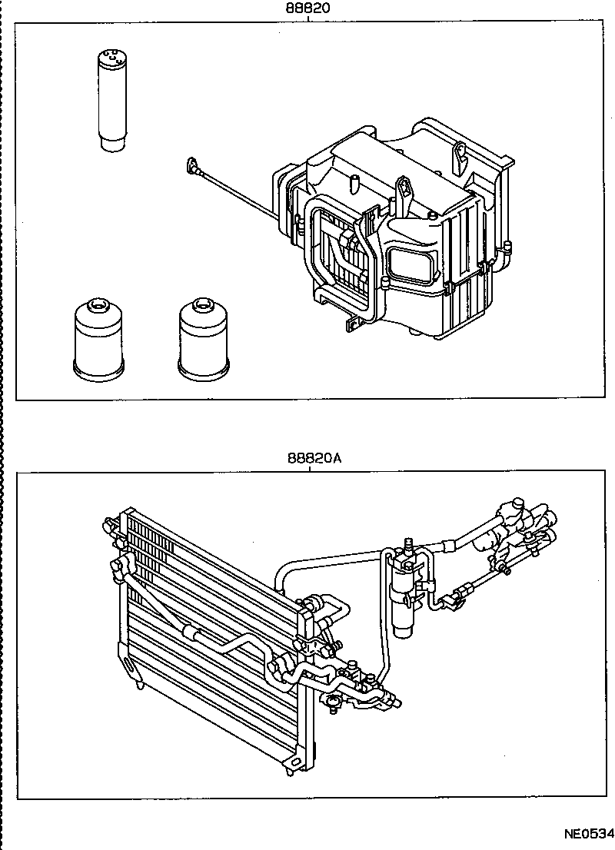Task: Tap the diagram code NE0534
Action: click(x=589, y=834)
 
